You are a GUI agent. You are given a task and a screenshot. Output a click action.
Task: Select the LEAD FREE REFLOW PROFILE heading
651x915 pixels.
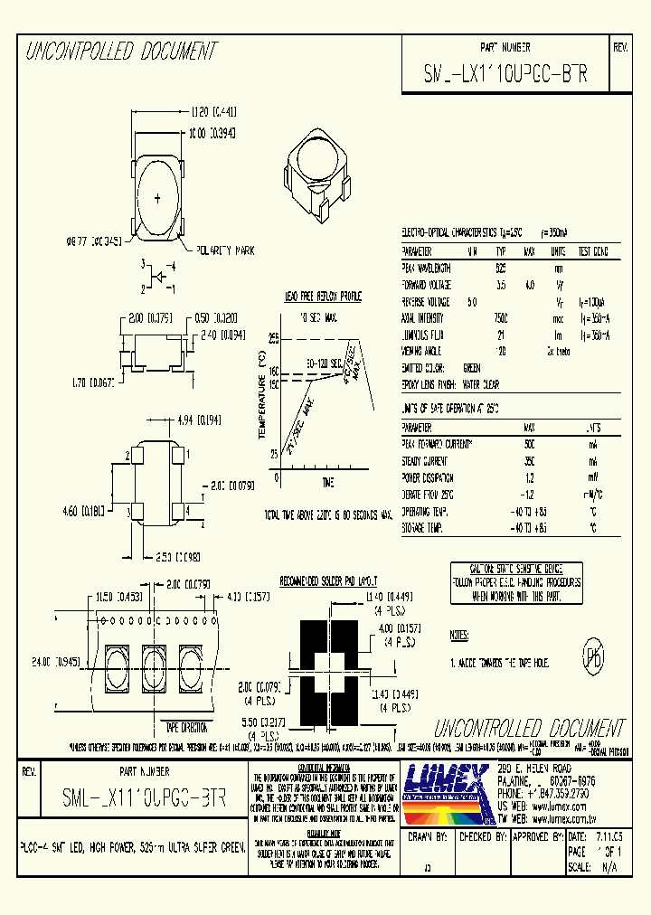click(x=324, y=296)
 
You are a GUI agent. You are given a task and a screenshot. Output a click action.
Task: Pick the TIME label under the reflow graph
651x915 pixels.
click(x=326, y=481)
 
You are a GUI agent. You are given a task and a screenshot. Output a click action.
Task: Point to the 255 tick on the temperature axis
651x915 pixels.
click(x=273, y=338)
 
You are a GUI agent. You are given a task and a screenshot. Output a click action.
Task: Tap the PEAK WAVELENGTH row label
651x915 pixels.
click(x=427, y=269)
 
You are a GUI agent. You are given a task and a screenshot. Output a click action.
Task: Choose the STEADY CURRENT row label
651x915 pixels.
click(x=424, y=461)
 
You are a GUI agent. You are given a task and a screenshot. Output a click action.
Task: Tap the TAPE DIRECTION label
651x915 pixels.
click(x=185, y=726)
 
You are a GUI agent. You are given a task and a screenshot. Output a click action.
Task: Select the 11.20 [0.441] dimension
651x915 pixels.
click(x=213, y=112)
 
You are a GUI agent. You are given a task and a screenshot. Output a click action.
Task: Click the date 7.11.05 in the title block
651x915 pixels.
click(x=606, y=838)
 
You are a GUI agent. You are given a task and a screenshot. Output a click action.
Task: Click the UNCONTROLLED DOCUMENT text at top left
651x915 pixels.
click(x=120, y=52)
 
